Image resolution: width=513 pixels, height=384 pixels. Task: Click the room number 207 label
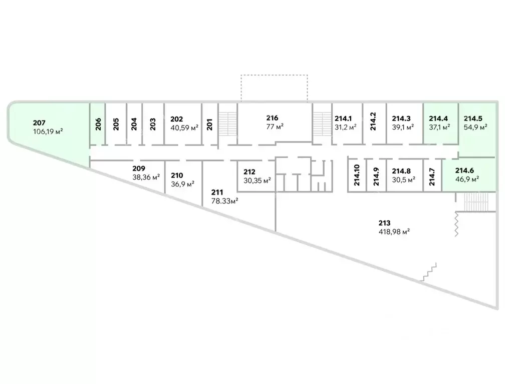pyautogui.click(x=40, y=123)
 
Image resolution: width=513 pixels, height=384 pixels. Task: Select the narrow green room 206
pyautogui.click(x=98, y=123)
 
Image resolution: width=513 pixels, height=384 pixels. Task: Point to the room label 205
pyautogui.click(x=116, y=123)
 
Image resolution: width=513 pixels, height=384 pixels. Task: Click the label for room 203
pyautogui.click(x=153, y=123)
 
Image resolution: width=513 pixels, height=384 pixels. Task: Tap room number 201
pyautogui.click(x=210, y=123)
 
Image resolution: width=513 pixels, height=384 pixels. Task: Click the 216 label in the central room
pyautogui.click(x=272, y=118)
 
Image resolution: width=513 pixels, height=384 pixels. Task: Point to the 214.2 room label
pyautogui.click(x=373, y=121)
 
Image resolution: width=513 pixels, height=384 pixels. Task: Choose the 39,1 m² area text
pyautogui.click(x=403, y=127)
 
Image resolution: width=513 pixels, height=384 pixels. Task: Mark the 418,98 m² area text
pyautogui.click(x=395, y=231)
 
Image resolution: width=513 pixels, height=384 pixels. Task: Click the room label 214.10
pyautogui.click(x=357, y=175)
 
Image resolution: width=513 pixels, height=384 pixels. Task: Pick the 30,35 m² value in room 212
pyautogui.click(x=258, y=180)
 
